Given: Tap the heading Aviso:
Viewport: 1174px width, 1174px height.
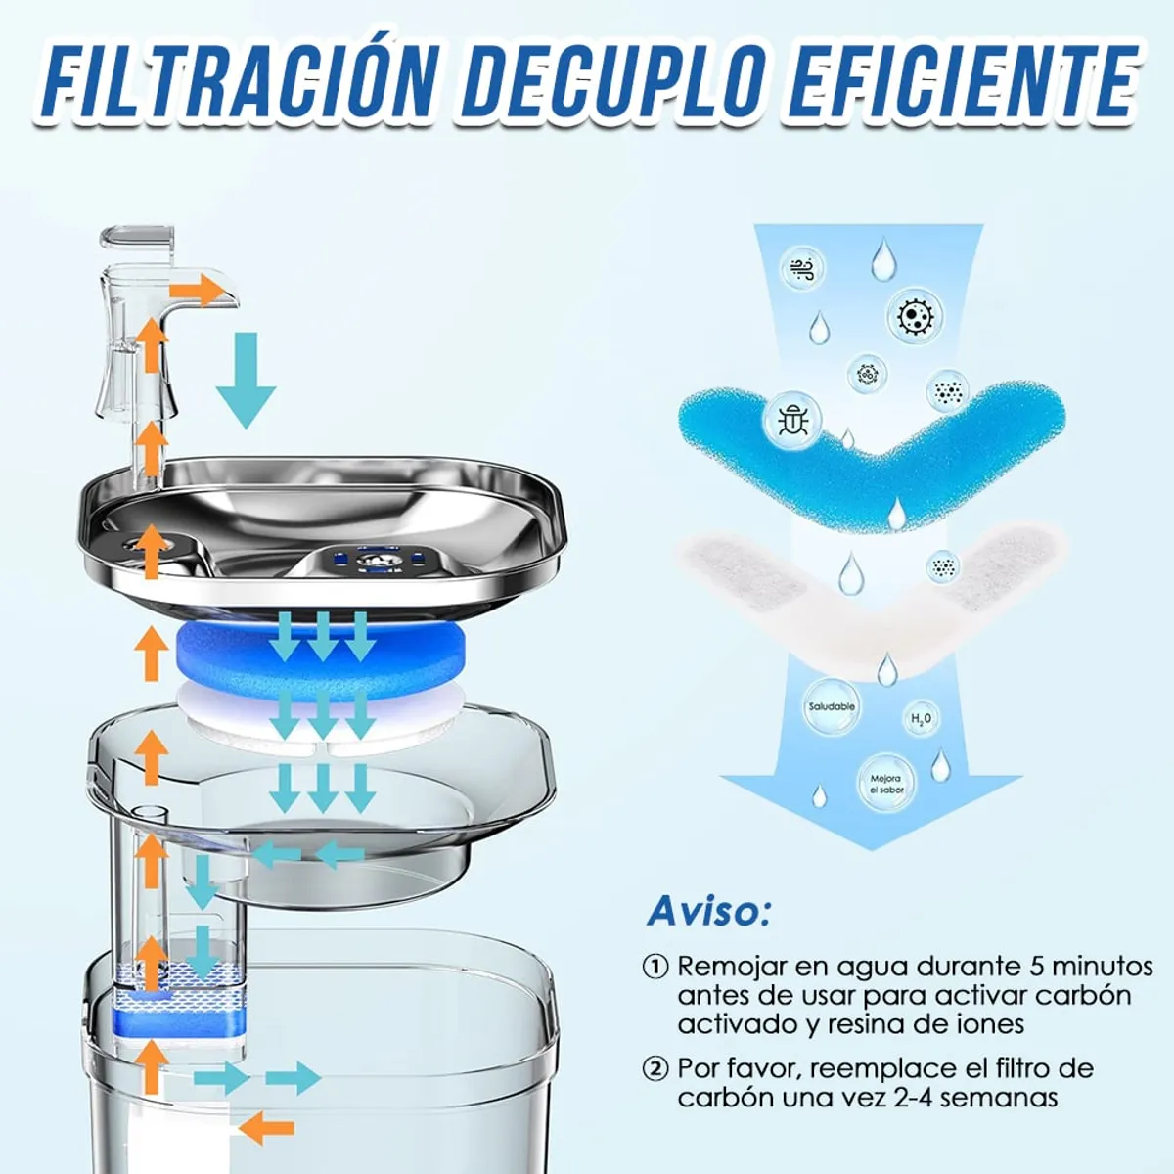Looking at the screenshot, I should tap(708, 911).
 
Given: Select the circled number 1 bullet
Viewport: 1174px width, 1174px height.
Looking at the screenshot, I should tap(655, 967).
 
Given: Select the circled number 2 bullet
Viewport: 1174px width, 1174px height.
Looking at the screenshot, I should tap(655, 1068).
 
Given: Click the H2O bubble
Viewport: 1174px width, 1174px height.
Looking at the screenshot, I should tap(921, 719).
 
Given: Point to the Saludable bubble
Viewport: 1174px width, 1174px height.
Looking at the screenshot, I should tap(832, 707).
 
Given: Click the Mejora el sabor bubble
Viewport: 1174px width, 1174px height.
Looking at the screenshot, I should tap(887, 784).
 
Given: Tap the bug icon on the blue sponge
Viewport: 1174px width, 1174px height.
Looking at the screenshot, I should tap(790, 419).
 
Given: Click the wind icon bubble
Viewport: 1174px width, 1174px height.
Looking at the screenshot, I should tap(802, 269).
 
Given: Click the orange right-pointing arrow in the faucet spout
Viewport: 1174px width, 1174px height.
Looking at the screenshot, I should tap(198, 291).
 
